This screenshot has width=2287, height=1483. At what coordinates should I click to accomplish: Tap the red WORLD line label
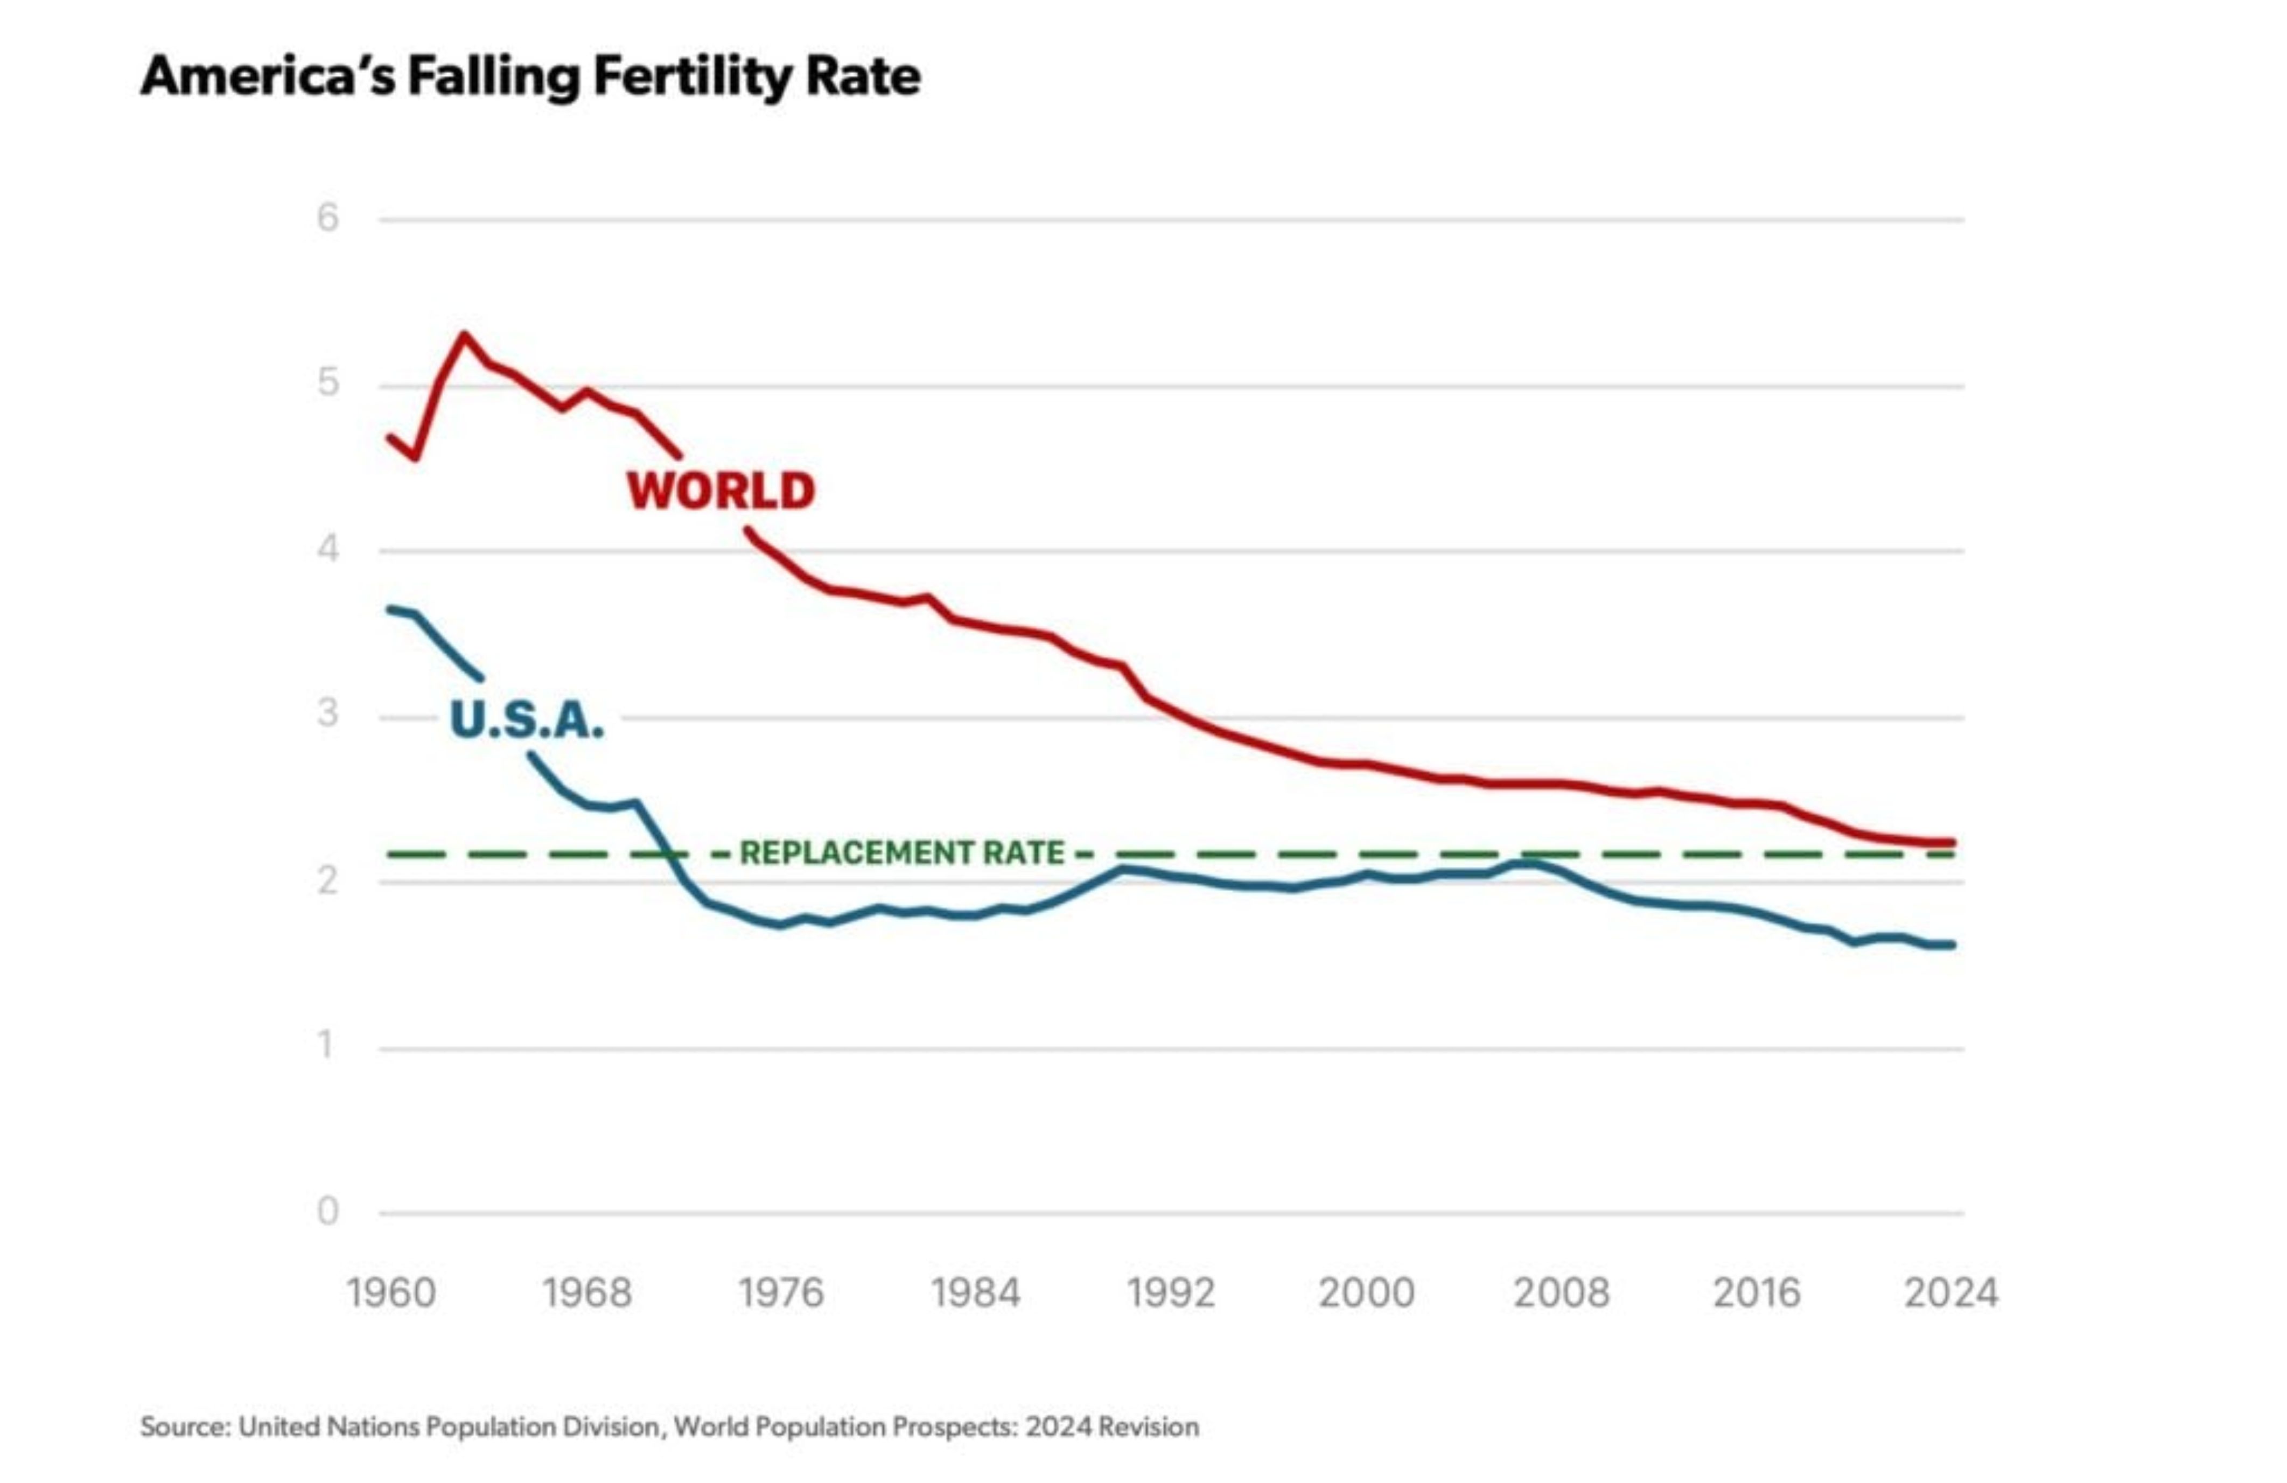click(721, 491)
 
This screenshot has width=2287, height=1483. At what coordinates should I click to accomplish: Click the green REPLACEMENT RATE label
click(901, 852)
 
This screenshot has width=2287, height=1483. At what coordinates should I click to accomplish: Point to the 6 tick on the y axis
click(327, 218)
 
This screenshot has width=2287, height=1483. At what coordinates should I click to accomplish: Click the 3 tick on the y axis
click(327, 714)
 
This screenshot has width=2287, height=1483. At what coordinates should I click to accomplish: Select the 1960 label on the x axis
click(391, 1293)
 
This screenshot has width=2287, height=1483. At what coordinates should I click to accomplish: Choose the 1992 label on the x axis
click(1170, 1293)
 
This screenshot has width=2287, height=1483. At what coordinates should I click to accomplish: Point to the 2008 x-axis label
click(1561, 1293)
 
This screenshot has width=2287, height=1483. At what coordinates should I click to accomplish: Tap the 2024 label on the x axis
click(1950, 1293)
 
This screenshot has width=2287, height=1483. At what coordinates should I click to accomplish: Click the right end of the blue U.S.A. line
click(1953, 945)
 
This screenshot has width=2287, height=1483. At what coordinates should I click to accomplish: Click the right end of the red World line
click(1953, 843)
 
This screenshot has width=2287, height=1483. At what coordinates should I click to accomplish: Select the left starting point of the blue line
click(390, 608)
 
